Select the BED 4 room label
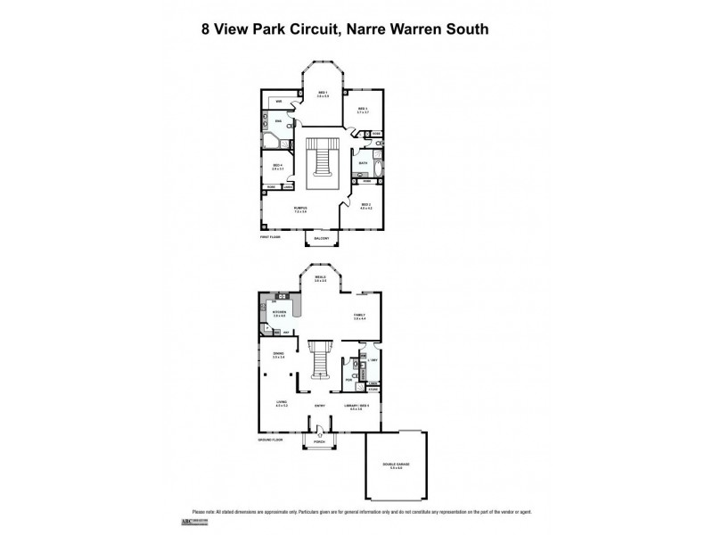pyautogui.click(x=278, y=166)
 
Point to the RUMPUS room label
pyautogui.click(x=300, y=209)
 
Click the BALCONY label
pyautogui.click(x=322, y=239)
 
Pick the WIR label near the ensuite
pyautogui.click(x=279, y=102)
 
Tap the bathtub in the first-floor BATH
pyautogui.click(x=377, y=169)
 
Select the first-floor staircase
pyautogui.click(x=322, y=160)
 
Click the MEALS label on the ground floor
pyautogui.click(x=320, y=278)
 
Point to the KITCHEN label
pyautogui.click(x=279, y=313)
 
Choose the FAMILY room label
pyautogui.click(x=360, y=315)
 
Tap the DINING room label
pyautogui.click(x=278, y=355)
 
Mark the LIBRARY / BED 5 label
pyautogui.click(x=356, y=407)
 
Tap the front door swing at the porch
pyautogui.click(x=319, y=431)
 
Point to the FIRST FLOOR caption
pyautogui.click(x=270, y=237)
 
